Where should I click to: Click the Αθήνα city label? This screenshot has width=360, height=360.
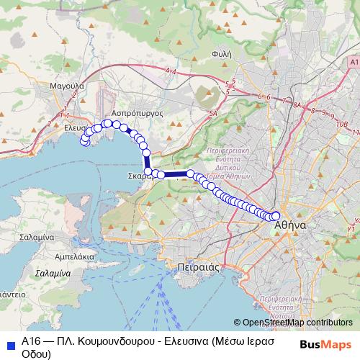[x=290, y=225]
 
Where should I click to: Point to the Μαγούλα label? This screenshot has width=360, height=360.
[x=68, y=85]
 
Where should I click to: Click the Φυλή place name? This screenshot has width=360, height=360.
[x=221, y=53]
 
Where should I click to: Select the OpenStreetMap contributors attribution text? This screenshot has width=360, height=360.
[x=292, y=323]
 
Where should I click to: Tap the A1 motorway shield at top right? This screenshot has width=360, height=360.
[x=351, y=63]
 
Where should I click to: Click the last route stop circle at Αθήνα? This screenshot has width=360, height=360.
[x=275, y=216]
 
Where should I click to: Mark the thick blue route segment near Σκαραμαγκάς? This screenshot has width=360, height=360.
[x=175, y=174]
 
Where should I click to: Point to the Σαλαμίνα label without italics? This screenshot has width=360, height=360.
[x=37, y=237]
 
